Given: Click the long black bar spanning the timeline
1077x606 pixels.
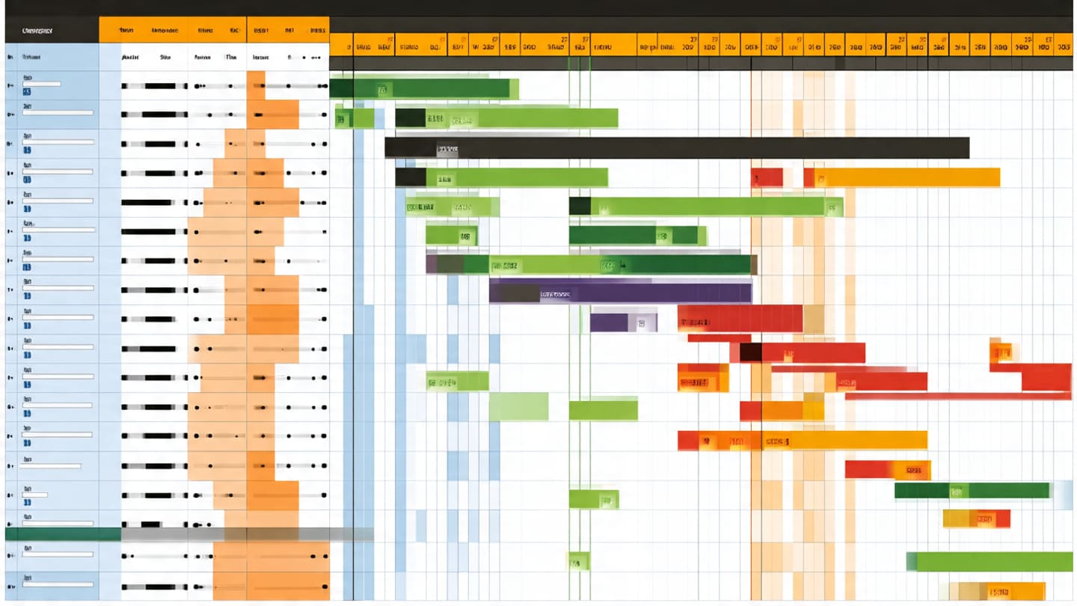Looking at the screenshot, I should (x=677, y=147).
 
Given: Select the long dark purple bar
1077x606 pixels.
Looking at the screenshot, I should (x=621, y=293).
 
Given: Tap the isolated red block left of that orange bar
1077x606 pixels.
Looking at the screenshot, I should (x=767, y=177).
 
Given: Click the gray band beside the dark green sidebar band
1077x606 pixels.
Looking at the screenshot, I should (x=247, y=534).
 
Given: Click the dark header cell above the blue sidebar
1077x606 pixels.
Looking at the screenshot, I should (x=52, y=31).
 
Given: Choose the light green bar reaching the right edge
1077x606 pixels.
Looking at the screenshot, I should (x=994, y=561).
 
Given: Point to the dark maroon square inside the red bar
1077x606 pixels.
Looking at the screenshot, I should (x=751, y=352).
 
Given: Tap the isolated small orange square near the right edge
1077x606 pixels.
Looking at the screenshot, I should (x=1000, y=351).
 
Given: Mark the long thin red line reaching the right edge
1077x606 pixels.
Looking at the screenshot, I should (x=957, y=396).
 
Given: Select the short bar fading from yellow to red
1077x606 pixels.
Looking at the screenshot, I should (x=976, y=518).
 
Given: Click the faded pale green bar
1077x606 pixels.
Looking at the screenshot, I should (x=518, y=406).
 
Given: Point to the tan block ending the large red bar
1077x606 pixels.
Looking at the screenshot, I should (x=814, y=319).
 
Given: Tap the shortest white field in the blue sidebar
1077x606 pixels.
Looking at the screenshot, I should (x=34, y=495).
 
